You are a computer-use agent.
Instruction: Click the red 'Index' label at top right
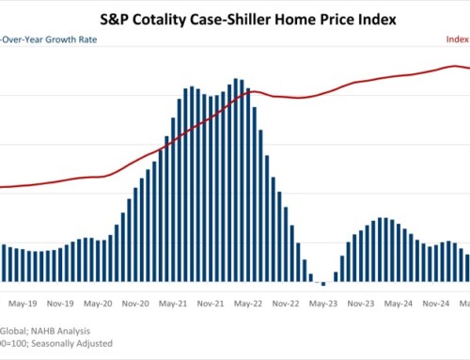coord(457,39)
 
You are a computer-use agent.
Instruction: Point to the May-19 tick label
coord(21,304)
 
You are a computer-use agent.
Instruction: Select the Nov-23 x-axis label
coord(361,304)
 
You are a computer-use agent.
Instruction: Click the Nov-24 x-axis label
coord(435,304)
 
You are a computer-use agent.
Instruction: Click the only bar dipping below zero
coord(323,284)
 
